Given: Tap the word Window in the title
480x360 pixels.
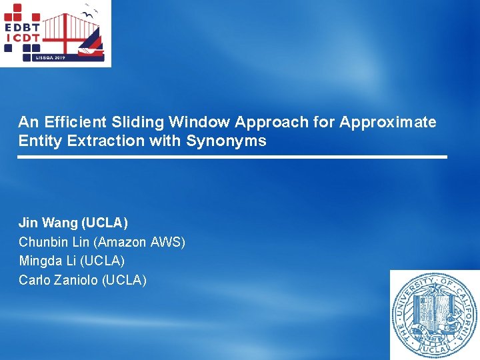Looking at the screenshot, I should click(x=196, y=122).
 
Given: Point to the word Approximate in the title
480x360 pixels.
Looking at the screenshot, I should click(x=388, y=122).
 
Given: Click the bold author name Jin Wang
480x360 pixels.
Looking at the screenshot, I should click(x=48, y=222).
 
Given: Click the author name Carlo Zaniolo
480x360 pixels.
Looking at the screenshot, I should click(x=58, y=280).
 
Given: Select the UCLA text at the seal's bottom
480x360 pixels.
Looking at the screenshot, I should click(x=435, y=349).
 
